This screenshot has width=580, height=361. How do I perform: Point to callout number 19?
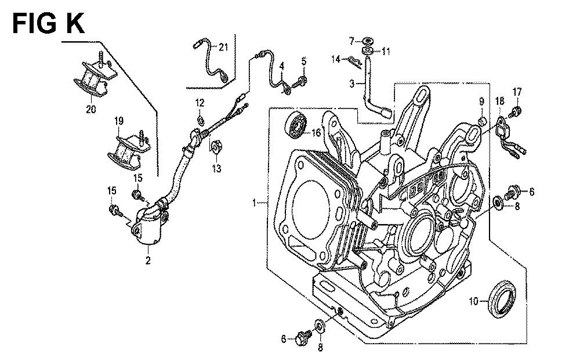pyautogui.click(x=119, y=122)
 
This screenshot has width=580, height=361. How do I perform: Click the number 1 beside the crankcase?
pyautogui.click(x=254, y=203)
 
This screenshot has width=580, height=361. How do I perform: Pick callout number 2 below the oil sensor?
pyautogui.click(x=148, y=262)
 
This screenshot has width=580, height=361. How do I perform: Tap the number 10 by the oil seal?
pyautogui.click(x=473, y=302)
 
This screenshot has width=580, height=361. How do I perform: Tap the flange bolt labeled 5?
pyautogui.click(x=302, y=80)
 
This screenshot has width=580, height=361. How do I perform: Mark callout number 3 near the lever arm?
pyautogui.click(x=351, y=85)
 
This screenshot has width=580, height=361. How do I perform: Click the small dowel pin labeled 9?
pyautogui.click(x=481, y=121)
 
